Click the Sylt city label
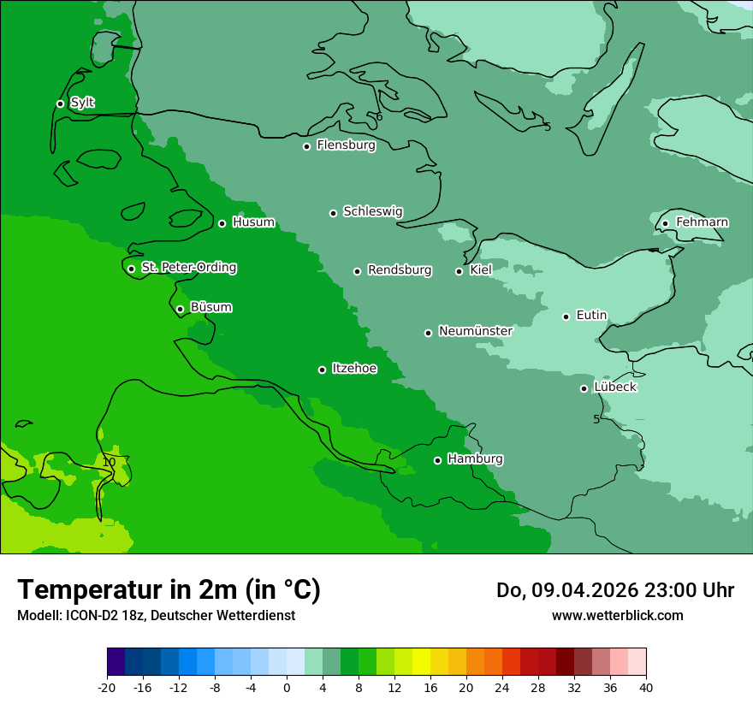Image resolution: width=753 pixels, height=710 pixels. click(x=82, y=103)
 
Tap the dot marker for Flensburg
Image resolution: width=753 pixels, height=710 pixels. click(x=306, y=146)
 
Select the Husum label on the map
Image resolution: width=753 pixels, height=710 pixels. click(x=253, y=222)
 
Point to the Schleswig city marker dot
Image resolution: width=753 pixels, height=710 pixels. click(x=334, y=213)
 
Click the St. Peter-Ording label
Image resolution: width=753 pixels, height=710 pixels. click(x=188, y=268)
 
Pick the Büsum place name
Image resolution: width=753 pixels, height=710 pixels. click(x=210, y=307)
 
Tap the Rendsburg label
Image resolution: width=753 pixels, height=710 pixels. click(x=400, y=270)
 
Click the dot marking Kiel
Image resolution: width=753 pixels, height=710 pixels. click(x=459, y=271)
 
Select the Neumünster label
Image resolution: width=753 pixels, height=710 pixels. click(x=475, y=331)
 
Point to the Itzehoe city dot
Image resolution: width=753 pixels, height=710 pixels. click(x=322, y=370)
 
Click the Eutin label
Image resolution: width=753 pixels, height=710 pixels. click(x=591, y=316)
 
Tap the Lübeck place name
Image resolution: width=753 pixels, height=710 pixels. click(x=615, y=387)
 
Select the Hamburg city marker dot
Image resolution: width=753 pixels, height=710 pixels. click(x=437, y=460)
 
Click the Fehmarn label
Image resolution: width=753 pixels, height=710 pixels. click(x=702, y=222)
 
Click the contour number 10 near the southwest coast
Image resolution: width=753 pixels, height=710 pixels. click(x=109, y=462)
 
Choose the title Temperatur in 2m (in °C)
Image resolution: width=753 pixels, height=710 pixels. click(x=169, y=589)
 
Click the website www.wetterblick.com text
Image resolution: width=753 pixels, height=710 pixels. click(x=617, y=615)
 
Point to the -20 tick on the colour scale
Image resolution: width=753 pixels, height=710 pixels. click(x=107, y=688)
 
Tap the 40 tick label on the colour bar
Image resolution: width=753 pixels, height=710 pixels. click(x=646, y=688)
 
